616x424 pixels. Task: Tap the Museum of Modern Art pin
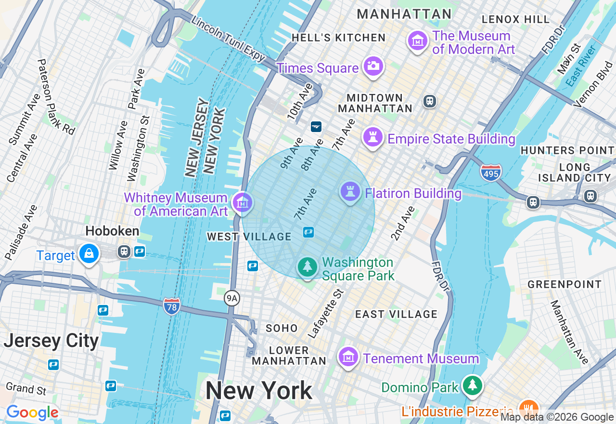pos(418,41)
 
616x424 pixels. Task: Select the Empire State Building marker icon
pos(372,137)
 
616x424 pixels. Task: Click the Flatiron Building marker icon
pos(350,192)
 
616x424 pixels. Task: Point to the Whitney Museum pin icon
pos(242,202)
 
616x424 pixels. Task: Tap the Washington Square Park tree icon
pos(307,266)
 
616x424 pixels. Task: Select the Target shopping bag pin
pos(89,253)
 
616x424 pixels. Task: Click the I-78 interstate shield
pos(171,306)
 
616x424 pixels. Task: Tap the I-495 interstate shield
pos(490,172)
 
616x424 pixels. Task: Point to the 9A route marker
pos(232,299)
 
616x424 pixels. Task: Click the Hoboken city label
pos(112,231)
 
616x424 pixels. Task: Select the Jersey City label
pos(51,341)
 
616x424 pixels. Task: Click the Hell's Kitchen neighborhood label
pos(339,38)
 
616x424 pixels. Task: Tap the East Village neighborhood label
pos(396,315)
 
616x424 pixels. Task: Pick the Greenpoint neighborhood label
pos(565,284)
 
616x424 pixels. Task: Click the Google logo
pos(32,412)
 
